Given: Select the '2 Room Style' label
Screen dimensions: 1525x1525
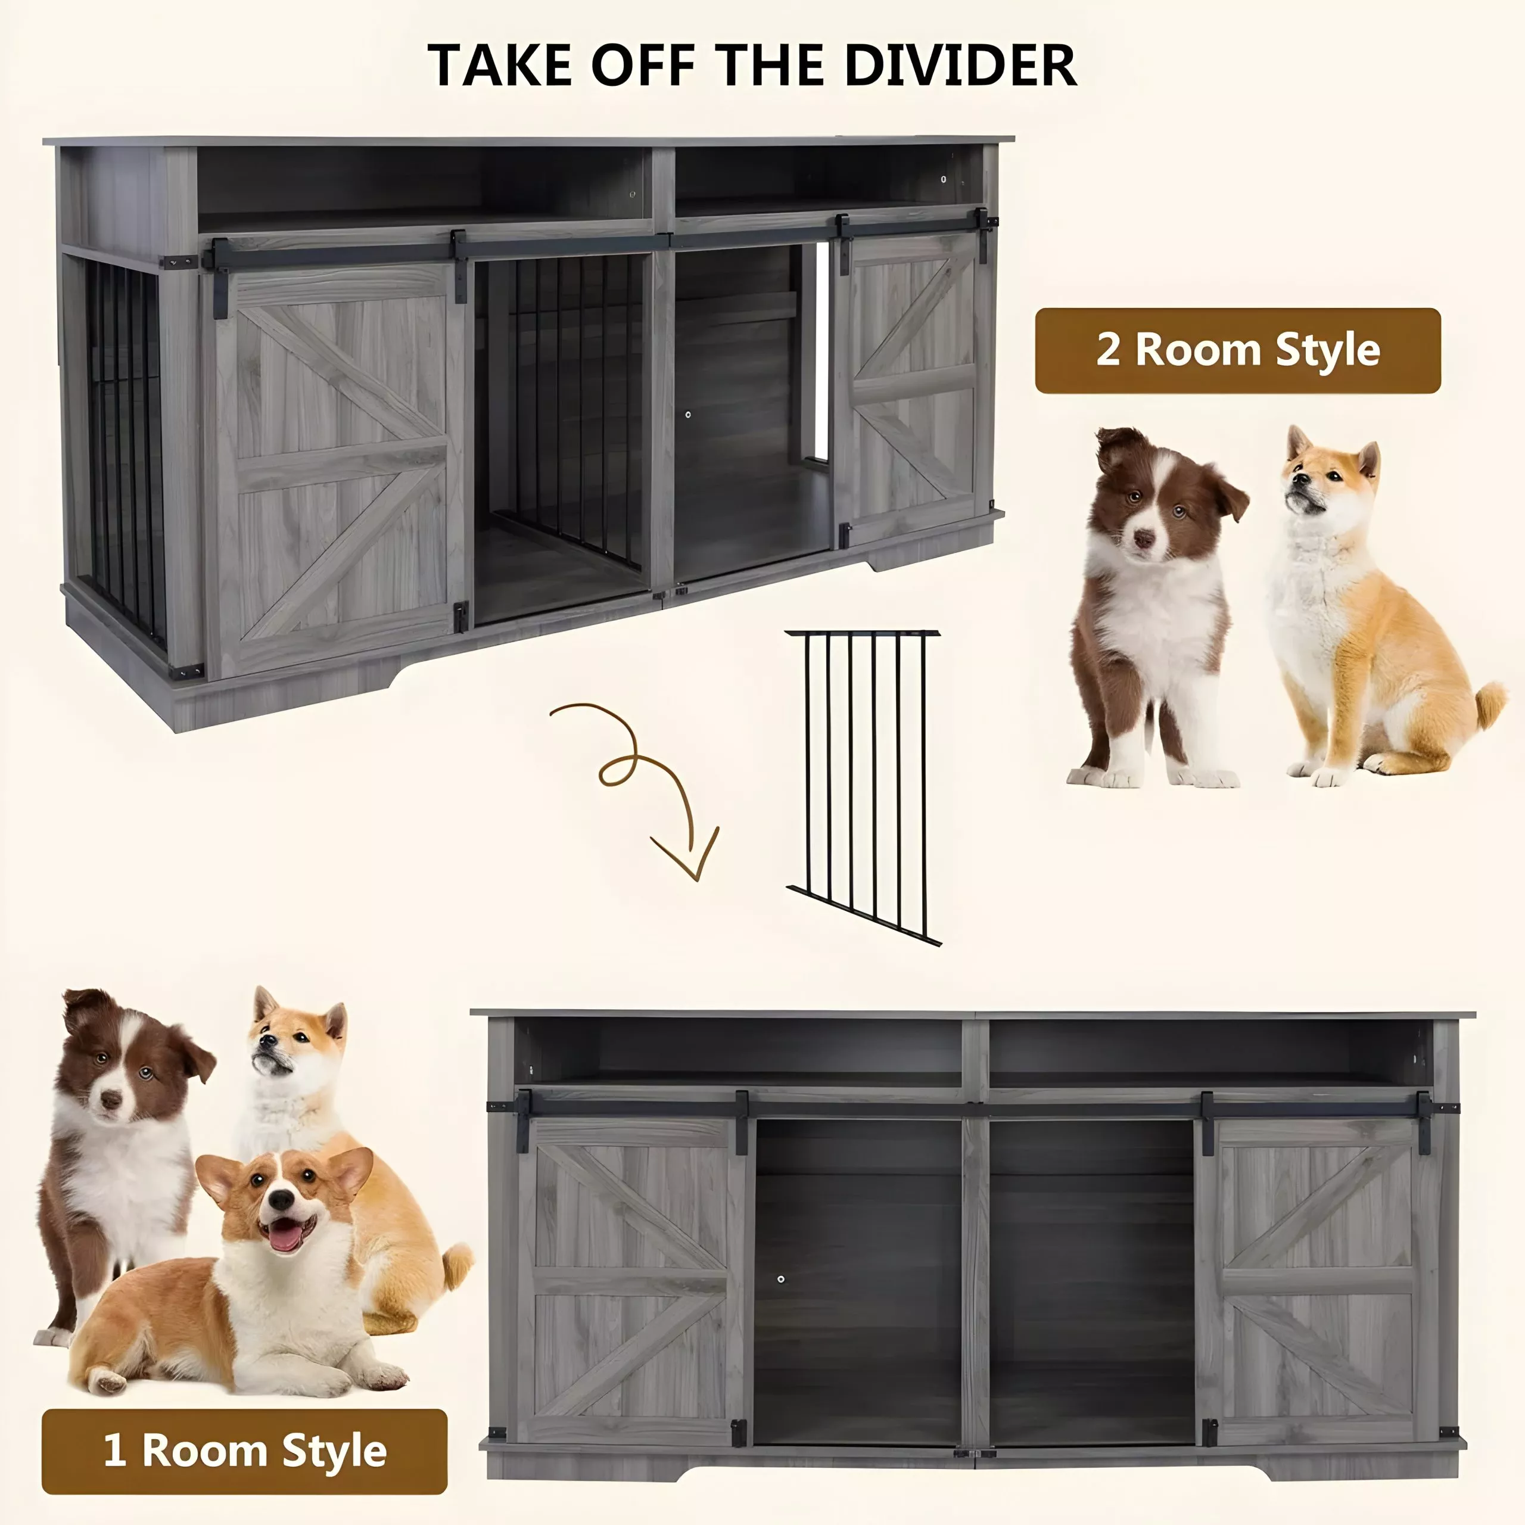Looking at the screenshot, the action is (x=1238, y=350).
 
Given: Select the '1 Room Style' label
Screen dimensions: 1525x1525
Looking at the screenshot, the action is (x=245, y=1451).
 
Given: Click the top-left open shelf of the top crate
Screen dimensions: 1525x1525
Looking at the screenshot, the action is (x=425, y=185).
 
